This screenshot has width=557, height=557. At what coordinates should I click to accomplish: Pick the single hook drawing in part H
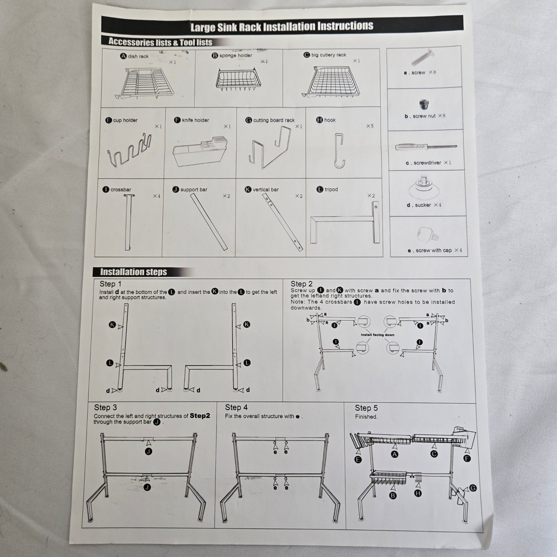(x=339, y=151)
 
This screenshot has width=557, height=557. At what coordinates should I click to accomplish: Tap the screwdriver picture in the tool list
(x=425, y=147)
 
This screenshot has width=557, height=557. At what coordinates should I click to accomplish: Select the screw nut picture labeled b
(x=424, y=104)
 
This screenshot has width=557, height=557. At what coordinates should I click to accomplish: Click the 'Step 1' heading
(x=110, y=284)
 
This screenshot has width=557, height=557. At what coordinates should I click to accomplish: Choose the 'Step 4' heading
(x=236, y=407)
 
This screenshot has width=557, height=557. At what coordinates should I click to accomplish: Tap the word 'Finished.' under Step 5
(x=366, y=417)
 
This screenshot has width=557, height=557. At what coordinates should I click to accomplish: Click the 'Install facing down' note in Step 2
(x=377, y=335)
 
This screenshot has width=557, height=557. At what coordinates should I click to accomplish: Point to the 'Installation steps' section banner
(x=134, y=272)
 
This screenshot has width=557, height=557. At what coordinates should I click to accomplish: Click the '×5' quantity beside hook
(x=370, y=126)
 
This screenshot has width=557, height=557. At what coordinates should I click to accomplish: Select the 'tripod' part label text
(x=331, y=189)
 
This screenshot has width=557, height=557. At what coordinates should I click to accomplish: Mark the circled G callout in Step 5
(x=473, y=488)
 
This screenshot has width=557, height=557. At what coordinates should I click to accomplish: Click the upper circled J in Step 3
(x=149, y=452)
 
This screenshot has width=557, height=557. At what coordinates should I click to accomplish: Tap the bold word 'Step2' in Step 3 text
(x=200, y=416)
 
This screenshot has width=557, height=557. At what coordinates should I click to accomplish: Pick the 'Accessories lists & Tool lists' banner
(x=160, y=42)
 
